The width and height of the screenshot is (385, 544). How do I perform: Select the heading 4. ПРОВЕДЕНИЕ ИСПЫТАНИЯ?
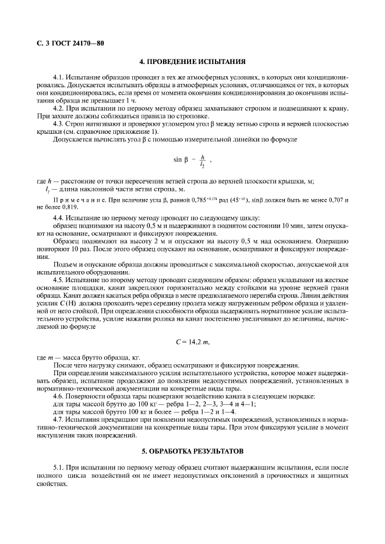[192, 61]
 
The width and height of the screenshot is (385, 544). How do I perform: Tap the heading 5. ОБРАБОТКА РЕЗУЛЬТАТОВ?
[192, 451]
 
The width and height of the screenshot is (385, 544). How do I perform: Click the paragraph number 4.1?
[58, 77]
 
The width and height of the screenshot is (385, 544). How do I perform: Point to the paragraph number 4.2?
[58, 108]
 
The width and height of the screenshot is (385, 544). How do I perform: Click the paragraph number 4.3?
[58, 124]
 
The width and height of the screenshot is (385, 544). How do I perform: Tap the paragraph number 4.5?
[58, 279]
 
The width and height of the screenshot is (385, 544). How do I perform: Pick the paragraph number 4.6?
[58, 395]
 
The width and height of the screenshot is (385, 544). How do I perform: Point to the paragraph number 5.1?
[58, 467]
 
